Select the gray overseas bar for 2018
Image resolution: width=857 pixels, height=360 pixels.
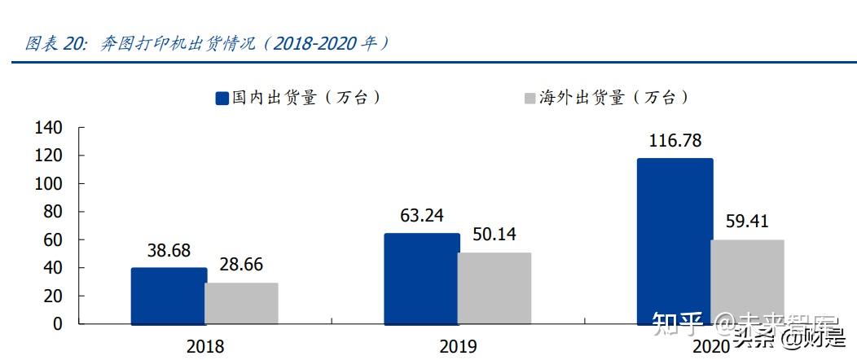241,303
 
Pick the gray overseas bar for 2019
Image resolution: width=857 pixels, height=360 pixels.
494,288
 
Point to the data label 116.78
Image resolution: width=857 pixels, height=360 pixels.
675,141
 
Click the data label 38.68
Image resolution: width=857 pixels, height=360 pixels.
169,252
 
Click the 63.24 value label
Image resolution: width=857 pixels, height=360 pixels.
421,217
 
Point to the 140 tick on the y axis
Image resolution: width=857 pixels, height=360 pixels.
50,128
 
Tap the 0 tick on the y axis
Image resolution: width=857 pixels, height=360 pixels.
57,323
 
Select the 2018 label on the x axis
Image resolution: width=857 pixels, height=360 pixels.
204,346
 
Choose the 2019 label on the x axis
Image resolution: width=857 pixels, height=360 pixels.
459,346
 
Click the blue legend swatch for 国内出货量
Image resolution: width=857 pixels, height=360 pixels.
222,99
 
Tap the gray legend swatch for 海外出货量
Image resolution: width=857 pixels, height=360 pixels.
528,99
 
